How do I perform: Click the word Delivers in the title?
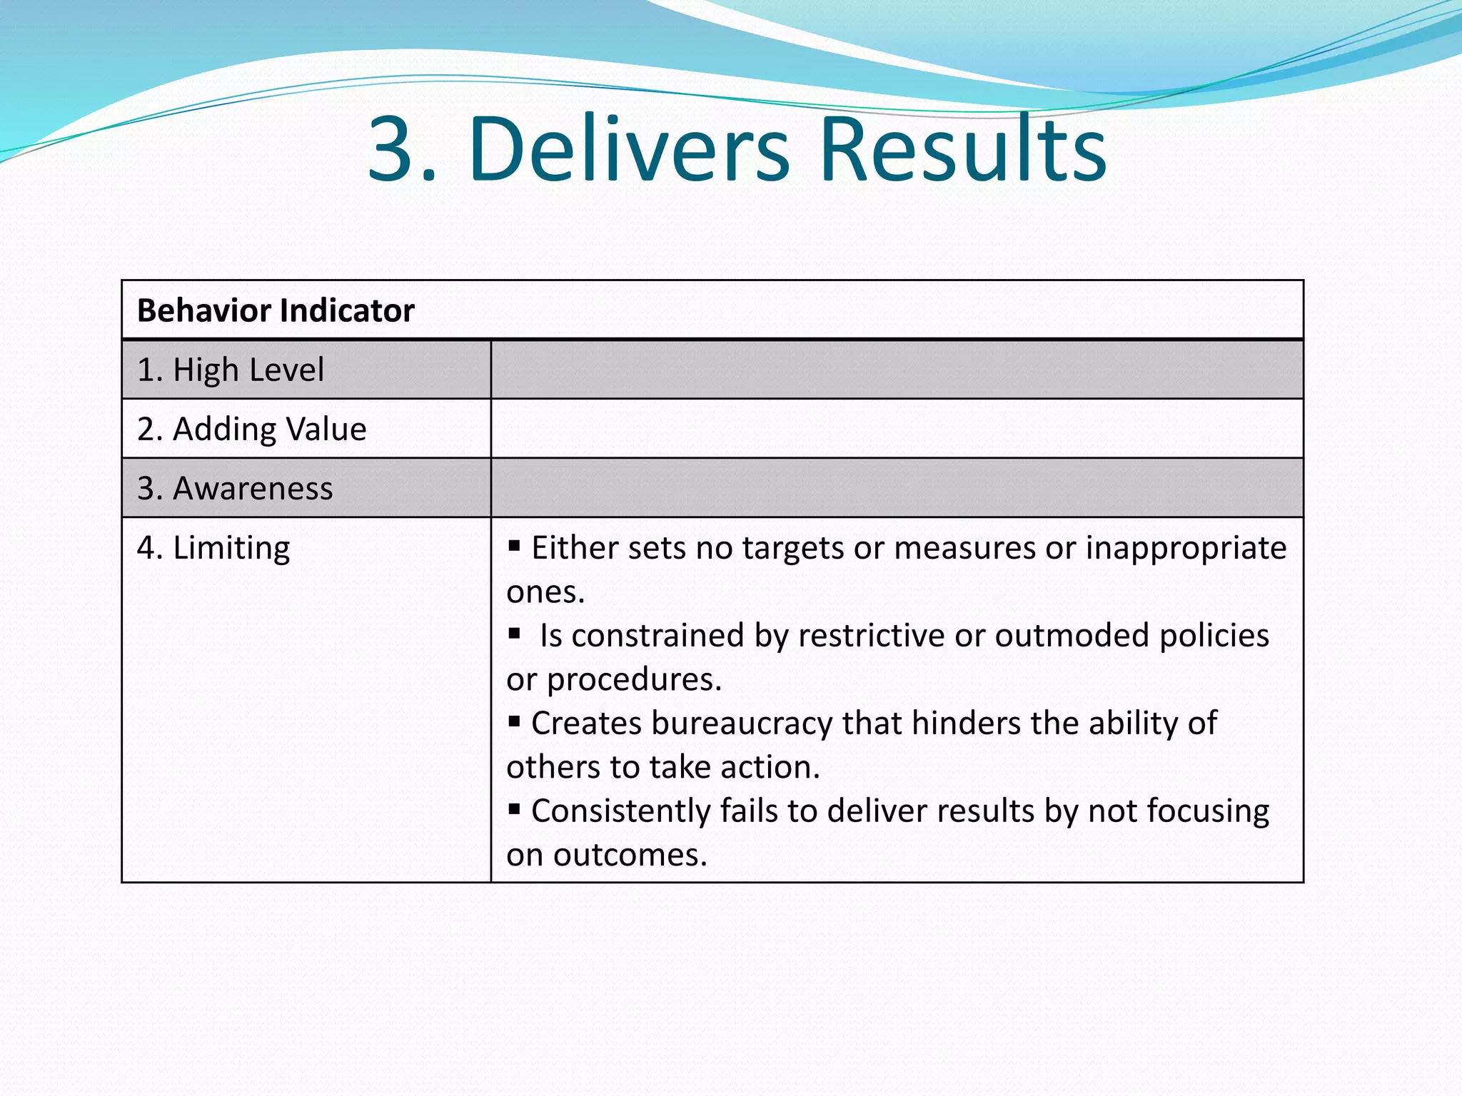tap(629, 149)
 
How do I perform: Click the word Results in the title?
tap(963, 149)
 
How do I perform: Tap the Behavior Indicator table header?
tap(276, 310)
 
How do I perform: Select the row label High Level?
tap(231, 370)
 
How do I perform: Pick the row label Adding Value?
tap(252, 429)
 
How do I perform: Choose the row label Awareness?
tap(235, 488)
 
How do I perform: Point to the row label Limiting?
tap(213, 548)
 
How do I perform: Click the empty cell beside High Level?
tap(897, 370)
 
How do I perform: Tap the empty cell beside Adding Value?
tap(897, 429)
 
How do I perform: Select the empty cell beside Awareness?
tap(897, 488)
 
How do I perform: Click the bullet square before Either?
tap(514, 547)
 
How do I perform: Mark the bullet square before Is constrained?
tap(514, 634)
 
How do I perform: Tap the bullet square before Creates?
tap(514, 721)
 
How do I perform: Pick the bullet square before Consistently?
tap(514, 809)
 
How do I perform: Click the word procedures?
tap(634, 680)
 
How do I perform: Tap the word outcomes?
tap(630, 855)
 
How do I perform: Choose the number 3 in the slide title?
tap(391, 149)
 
